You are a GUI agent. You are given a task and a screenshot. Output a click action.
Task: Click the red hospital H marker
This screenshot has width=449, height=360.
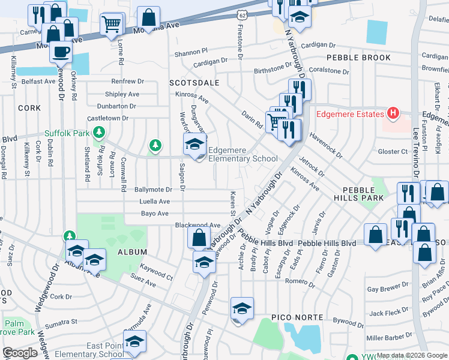[393, 113]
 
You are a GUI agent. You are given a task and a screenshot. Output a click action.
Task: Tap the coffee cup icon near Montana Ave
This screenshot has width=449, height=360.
[61, 52]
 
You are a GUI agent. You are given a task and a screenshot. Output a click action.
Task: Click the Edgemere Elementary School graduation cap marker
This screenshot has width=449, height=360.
[194, 145]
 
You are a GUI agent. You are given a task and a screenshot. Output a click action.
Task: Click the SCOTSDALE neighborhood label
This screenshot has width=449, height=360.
[194, 82]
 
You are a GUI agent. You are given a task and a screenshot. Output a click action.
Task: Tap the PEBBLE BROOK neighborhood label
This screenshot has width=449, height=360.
[358, 58]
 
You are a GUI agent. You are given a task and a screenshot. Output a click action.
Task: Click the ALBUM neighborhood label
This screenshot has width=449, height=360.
[132, 253]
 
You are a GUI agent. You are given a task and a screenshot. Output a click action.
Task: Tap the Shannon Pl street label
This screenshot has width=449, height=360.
[191, 53]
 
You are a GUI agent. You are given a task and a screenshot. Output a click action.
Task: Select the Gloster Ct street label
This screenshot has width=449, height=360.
[393, 152]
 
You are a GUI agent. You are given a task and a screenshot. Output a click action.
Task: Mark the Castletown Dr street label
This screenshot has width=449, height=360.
[108, 118]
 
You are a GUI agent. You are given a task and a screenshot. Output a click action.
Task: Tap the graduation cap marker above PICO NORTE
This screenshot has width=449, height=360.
[242, 308]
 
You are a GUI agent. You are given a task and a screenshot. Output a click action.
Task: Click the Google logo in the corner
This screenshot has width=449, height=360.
[20, 353]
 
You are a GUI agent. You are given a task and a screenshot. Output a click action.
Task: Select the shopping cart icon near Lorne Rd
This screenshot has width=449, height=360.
[111, 25]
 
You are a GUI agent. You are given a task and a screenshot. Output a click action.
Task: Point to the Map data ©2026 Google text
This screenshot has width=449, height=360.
[411, 355]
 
